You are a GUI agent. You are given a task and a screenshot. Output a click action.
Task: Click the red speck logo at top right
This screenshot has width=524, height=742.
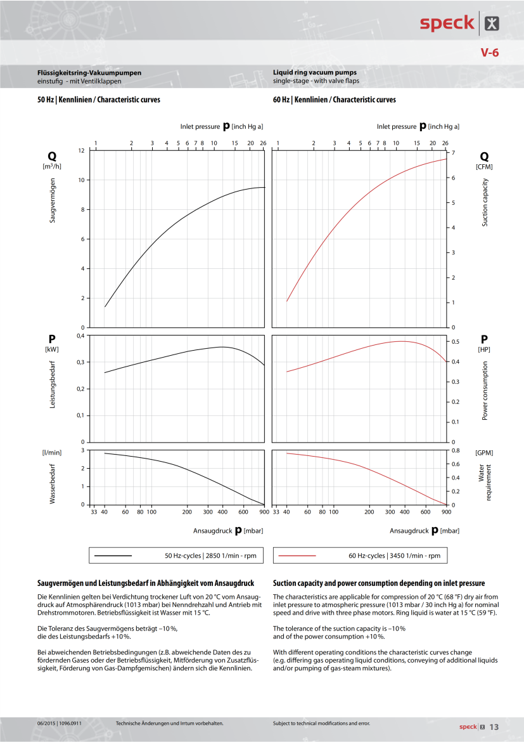coord(447,23)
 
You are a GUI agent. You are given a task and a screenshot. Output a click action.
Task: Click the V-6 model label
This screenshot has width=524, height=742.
coord(489,53)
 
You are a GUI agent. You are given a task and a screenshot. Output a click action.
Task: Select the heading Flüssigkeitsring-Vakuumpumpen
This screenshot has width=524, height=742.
coord(89,73)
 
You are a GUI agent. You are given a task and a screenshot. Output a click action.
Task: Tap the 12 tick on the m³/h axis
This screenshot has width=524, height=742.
coord(81,150)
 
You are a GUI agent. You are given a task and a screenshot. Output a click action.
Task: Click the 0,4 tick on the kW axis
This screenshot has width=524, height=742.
coord(80,335)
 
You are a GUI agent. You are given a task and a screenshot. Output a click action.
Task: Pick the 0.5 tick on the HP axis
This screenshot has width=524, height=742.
coord(454,342)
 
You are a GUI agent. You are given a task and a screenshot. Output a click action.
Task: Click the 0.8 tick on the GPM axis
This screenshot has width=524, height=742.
coord(454,450)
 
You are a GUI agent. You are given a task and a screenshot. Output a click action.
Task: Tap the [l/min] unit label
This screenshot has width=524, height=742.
coord(52,452)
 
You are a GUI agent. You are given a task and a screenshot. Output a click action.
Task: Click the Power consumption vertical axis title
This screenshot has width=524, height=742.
coord(485,391)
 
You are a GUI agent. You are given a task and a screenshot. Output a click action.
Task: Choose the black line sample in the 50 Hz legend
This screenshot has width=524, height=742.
coord(113,556)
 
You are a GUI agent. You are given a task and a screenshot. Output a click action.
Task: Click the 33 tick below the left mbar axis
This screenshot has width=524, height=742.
coord(94,511)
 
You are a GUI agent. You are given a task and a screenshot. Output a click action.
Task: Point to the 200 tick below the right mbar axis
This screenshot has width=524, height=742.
coord(369,511)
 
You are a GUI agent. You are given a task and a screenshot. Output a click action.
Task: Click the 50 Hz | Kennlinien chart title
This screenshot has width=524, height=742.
coord(99,100)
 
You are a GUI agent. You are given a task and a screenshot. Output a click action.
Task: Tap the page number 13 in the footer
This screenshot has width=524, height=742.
coord(494,727)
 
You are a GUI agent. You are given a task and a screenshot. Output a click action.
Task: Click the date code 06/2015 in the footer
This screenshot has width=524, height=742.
coord(48,724)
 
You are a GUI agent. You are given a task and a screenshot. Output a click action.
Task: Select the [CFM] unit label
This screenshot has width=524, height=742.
coord(484,166)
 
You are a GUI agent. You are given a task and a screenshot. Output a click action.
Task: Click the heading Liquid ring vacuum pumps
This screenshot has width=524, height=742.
coord(315,73)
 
